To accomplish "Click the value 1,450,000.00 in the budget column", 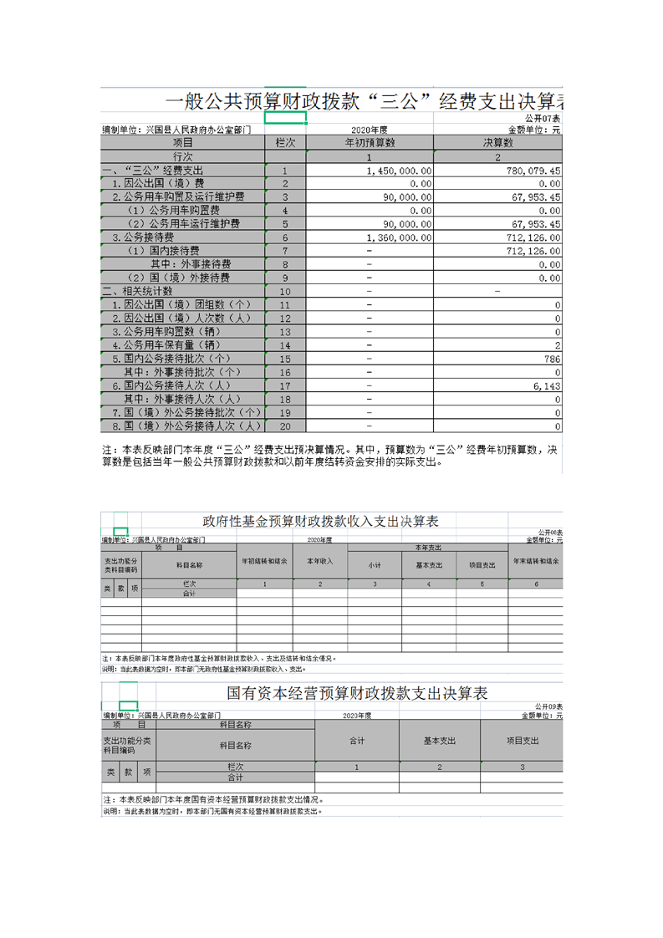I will click(x=400, y=171).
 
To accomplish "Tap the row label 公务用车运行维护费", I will click(x=183, y=224).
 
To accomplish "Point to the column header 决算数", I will click(x=497, y=143).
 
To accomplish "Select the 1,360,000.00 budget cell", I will click(x=400, y=237).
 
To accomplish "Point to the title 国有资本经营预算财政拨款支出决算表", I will click(x=357, y=693).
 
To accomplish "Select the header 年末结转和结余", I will click(x=536, y=561).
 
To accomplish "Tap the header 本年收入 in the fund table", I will click(x=320, y=561).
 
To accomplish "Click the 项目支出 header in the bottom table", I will click(x=523, y=741).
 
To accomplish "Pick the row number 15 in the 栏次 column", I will click(x=285, y=359).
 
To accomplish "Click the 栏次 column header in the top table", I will click(x=285, y=143).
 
